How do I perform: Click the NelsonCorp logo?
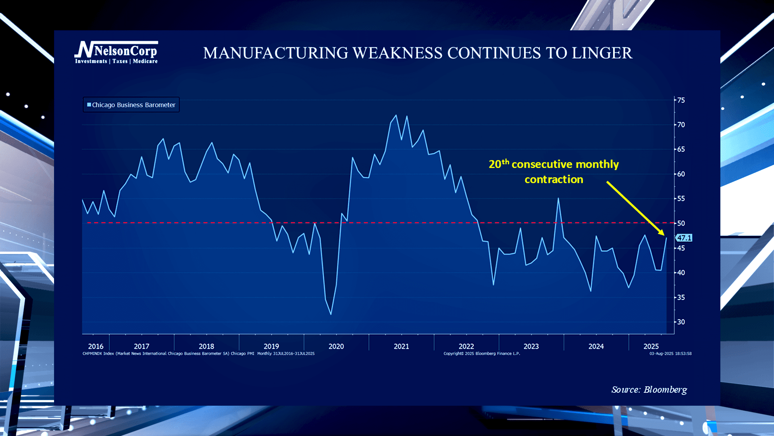click(116, 52)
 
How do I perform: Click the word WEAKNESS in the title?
click(397, 53)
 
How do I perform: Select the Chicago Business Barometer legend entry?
click(131, 105)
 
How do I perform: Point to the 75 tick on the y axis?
click(681, 100)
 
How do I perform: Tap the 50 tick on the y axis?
click(681, 223)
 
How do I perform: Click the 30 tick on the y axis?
click(681, 322)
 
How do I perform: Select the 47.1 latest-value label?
click(684, 238)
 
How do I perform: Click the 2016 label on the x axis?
click(96, 346)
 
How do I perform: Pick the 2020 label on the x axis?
click(336, 346)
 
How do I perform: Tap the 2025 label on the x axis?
click(651, 346)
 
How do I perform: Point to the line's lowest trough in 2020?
click(331, 314)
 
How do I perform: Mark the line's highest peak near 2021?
click(396, 115)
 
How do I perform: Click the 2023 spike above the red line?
click(558, 198)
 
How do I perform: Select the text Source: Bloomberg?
click(649, 390)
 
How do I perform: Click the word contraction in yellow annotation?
click(554, 180)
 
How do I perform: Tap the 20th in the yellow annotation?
click(499, 164)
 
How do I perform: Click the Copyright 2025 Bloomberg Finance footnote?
click(482, 354)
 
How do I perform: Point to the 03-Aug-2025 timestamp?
click(670, 354)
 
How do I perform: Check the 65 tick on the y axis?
click(681, 149)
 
